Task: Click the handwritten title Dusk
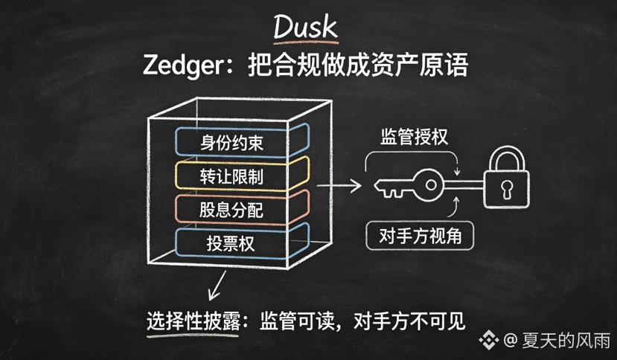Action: point(305,26)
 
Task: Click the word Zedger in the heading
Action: point(183,65)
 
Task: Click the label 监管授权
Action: point(414,137)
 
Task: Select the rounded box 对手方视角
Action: point(420,236)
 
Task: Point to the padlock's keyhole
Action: point(507,189)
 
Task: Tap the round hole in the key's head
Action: point(431,185)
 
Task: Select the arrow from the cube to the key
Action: point(339,185)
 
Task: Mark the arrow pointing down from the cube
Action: point(217,285)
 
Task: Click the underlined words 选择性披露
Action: point(194,321)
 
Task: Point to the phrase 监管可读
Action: point(297,321)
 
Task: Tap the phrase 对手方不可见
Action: point(409,321)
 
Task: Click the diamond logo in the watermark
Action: point(489,340)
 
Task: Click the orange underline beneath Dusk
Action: point(306,40)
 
